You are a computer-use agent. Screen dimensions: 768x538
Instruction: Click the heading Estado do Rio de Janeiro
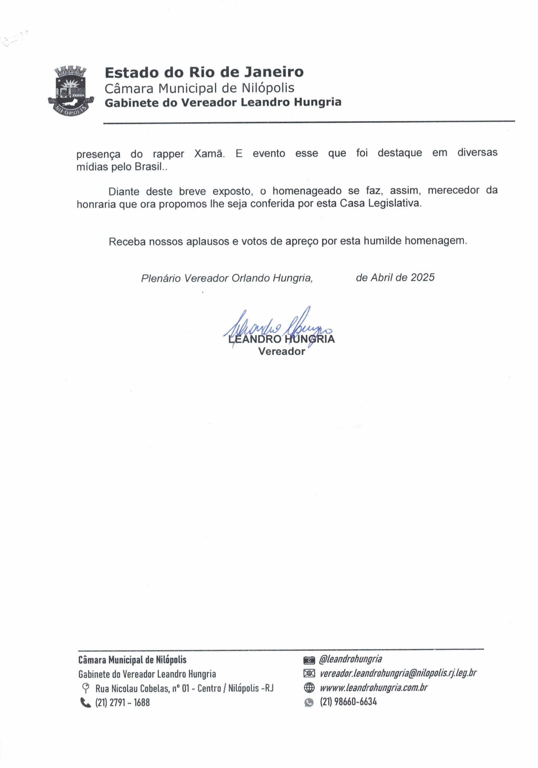204,72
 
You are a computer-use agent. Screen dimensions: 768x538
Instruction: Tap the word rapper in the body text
168,154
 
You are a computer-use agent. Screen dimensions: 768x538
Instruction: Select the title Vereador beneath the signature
282,352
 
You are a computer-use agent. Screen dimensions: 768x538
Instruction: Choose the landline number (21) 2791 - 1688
122,702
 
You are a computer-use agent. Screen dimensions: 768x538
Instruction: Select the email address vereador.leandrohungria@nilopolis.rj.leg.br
398,674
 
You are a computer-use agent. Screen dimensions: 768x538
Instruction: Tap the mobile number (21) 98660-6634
348,702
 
